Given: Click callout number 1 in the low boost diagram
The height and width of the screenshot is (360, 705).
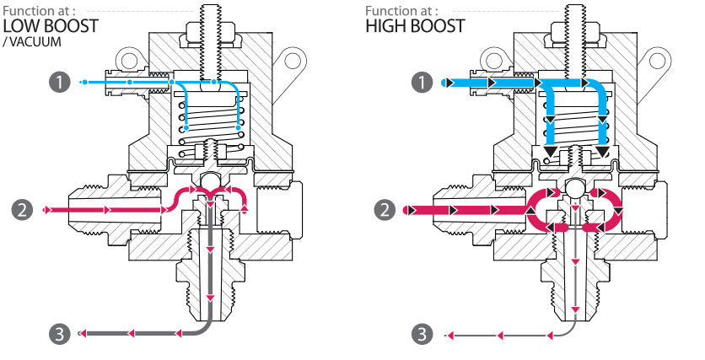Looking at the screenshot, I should (x=58, y=82).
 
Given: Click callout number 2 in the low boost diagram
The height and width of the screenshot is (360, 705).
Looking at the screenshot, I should (x=23, y=208).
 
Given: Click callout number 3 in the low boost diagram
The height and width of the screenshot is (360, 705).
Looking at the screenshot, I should (x=57, y=335).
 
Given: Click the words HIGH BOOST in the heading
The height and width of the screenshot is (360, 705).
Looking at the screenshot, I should (x=415, y=26).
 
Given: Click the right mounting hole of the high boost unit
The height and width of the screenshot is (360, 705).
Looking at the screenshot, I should (x=654, y=61).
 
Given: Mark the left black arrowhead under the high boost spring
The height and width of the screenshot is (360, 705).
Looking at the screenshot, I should (x=549, y=153).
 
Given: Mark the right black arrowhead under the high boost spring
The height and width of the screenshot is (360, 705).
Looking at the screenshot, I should (x=602, y=153).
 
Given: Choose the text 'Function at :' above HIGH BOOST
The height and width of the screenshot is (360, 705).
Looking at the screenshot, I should (x=401, y=10).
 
